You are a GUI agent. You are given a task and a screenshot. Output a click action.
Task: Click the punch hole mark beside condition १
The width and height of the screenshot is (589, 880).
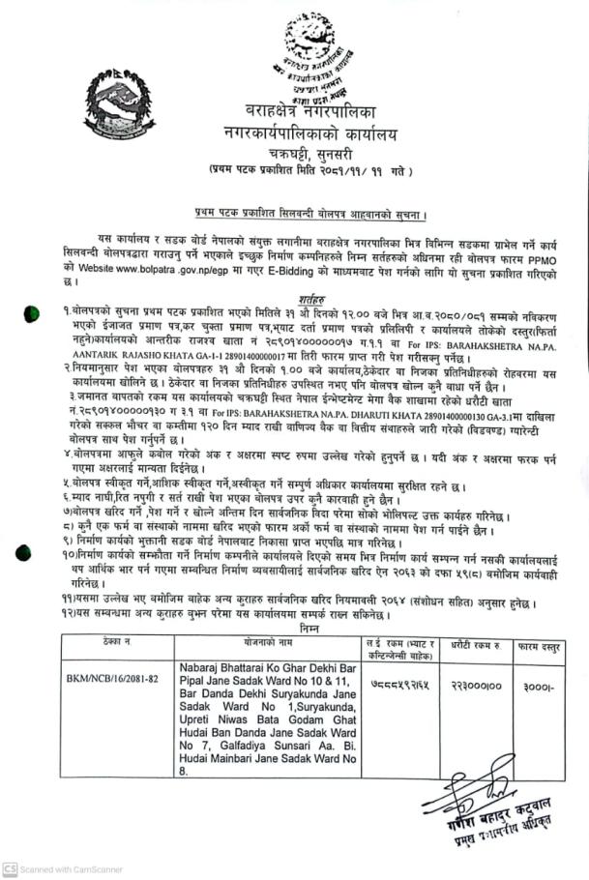(32, 311)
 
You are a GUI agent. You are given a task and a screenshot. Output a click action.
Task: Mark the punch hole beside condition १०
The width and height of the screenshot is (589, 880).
(32, 558)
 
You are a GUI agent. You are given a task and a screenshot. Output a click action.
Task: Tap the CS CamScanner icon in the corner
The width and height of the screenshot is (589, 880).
(10, 869)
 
